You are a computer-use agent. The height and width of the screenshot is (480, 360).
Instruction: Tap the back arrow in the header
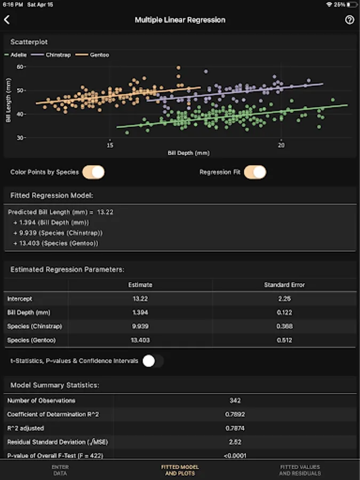tap(7, 20)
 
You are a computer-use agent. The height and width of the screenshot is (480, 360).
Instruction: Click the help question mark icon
tap(349, 20)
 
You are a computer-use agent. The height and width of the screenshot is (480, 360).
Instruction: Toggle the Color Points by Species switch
tap(94, 172)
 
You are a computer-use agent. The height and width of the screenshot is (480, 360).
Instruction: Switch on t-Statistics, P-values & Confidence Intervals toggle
tap(153, 361)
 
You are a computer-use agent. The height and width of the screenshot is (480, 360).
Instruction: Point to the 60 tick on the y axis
tap(21, 67)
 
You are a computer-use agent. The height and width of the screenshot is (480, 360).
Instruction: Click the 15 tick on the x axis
tap(110, 145)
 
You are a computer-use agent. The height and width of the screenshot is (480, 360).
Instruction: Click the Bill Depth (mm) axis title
tap(189, 153)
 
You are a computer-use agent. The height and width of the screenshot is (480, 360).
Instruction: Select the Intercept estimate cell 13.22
tap(140, 299)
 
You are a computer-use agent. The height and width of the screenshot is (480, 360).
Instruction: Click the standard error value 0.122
tap(284, 313)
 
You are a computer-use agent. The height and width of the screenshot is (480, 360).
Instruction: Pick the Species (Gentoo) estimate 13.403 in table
tap(140, 340)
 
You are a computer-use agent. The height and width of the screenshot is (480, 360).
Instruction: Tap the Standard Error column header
tap(284, 285)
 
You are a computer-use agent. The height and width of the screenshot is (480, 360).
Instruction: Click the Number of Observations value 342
tap(235, 401)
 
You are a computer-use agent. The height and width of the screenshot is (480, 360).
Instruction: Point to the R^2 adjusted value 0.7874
tap(235, 428)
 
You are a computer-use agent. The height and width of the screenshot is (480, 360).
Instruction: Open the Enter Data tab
tap(60, 470)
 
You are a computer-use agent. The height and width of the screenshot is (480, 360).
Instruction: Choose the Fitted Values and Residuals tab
tap(300, 470)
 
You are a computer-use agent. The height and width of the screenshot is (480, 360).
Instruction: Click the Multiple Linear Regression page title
tap(180, 20)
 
